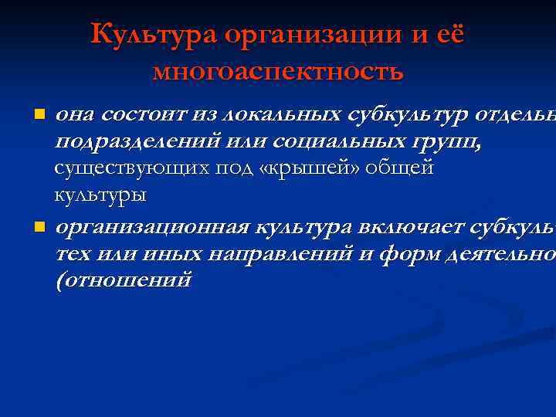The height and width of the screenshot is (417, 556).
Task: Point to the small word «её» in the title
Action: click(449, 35)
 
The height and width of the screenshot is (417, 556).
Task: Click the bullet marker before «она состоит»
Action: click(39, 115)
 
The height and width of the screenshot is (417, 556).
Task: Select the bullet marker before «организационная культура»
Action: click(39, 228)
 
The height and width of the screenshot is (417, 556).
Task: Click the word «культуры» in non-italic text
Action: click(100, 194)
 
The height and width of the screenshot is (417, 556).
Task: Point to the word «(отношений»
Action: click(123, 280)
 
